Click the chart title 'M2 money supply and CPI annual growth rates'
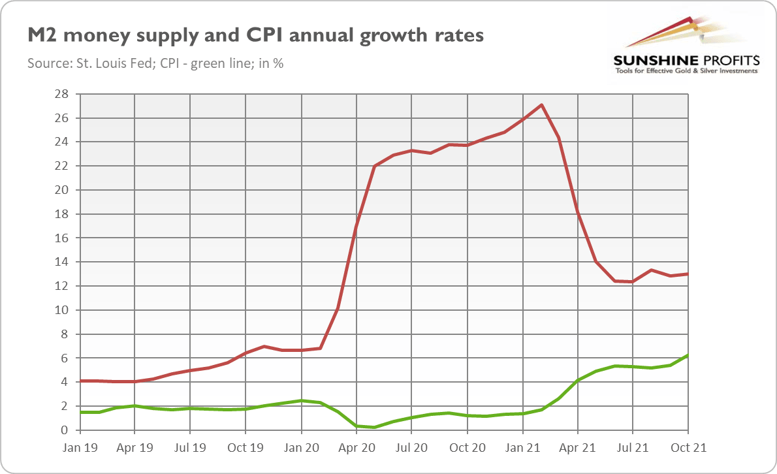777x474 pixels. pos(255,35)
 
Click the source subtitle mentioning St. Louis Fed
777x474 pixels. pos(155,64)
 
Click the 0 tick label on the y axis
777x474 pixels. pos(66,430)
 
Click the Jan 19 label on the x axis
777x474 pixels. pos(79,448)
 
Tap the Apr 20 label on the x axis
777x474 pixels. pos(356,448)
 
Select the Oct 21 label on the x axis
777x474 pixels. pos(688,448)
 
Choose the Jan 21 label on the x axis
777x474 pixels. pos(522,448)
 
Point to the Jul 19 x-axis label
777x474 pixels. pos(189,448)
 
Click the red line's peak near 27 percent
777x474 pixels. pos(541,105)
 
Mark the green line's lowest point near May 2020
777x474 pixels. pos(374,427)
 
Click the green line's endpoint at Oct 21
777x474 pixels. pos(688,355)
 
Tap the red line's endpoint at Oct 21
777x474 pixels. pos(688,274)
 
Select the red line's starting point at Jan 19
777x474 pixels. pos(79,381)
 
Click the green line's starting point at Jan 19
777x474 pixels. pos(79,412)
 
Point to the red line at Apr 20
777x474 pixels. pos(356,226)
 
